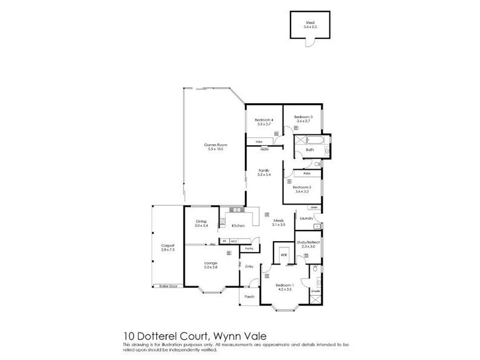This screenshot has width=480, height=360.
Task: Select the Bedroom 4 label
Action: [x=265, y=119]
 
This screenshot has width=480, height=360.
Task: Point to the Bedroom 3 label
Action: [x=304, y=116]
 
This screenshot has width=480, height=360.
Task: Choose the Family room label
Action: [x=263, y=171]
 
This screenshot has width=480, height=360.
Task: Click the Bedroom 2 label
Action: [x=301, y=187]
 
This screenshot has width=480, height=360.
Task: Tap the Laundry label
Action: [x=307, y=219]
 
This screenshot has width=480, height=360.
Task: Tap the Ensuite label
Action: [x=316, y=291]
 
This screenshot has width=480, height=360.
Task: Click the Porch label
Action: [x=250, y=296]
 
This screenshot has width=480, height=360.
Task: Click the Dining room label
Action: [x=202, y=223]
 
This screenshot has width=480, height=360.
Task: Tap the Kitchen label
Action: [x=236, y=226]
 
